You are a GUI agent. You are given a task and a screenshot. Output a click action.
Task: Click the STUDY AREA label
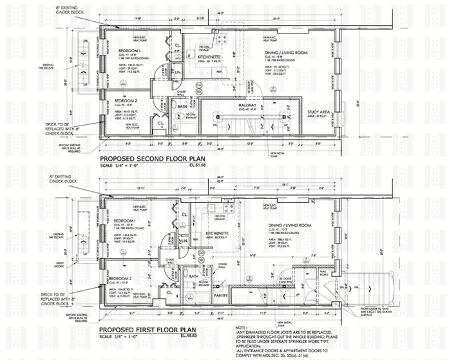pos(318,112)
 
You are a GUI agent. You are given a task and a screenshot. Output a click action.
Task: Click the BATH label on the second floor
pos(182,108)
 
